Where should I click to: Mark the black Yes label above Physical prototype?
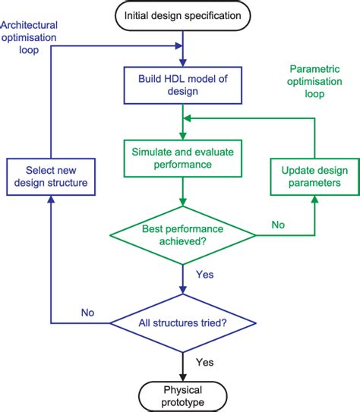[205, 362]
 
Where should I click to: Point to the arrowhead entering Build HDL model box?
[182, 61]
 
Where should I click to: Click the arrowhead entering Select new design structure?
[50, 198]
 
